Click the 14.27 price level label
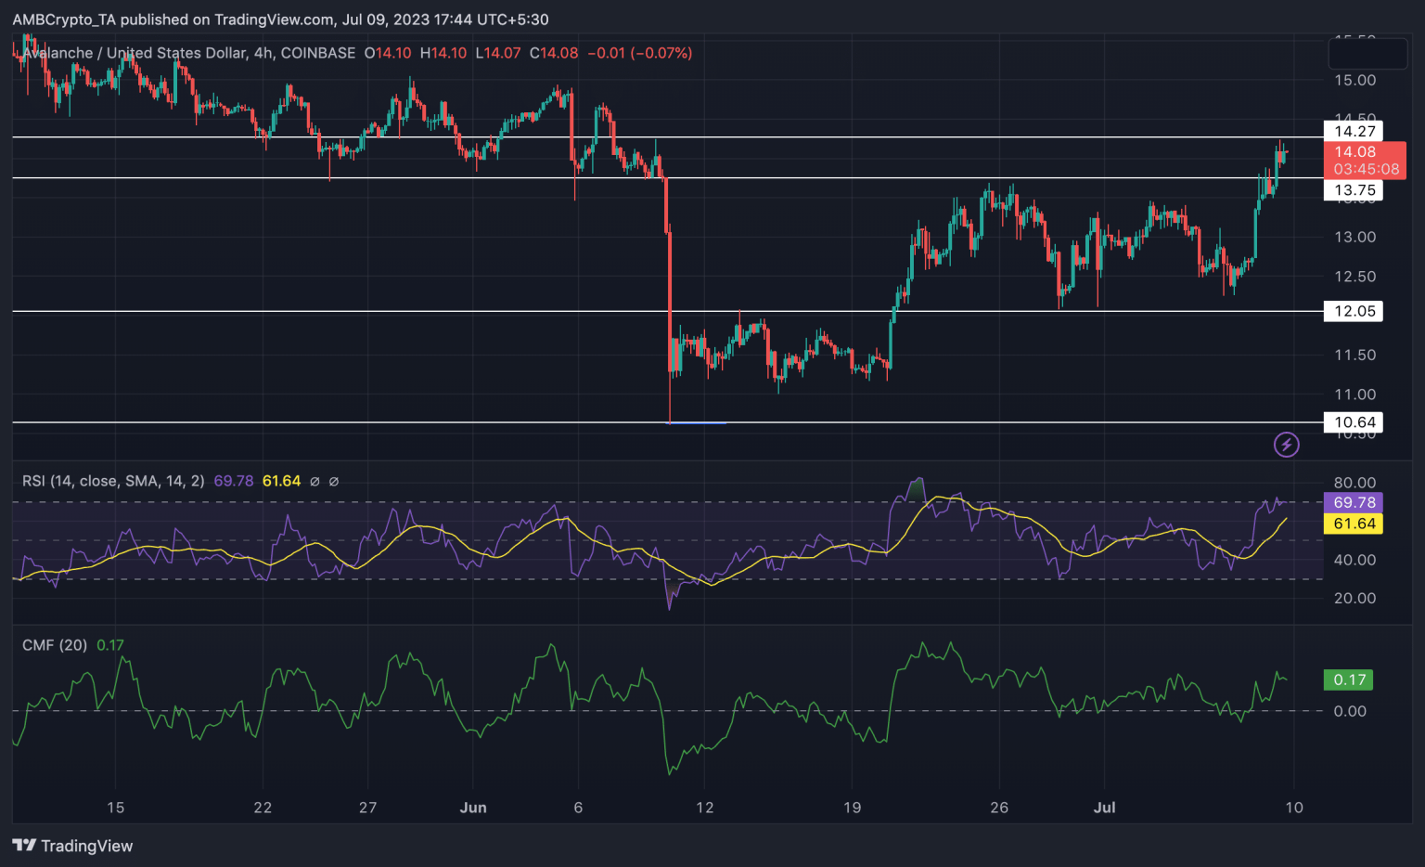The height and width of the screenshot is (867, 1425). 1354,131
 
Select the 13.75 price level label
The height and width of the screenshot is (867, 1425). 1354,190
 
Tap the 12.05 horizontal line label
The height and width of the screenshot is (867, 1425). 1354,311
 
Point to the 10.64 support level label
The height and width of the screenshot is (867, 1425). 1354,422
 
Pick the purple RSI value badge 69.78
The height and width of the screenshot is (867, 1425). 1354,502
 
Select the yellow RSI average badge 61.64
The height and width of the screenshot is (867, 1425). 1354,524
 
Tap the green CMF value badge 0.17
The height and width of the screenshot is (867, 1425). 1349,679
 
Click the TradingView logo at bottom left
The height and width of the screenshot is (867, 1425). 72,846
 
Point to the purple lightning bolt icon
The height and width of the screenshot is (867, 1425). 1286,445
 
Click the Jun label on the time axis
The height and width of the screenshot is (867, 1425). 473,808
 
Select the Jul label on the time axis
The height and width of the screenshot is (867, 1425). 1104,808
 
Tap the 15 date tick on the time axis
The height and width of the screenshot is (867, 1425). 115,808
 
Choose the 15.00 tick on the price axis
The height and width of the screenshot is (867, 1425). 1354,80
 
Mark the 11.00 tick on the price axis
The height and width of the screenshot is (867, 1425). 1354,395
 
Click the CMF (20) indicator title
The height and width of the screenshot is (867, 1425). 55,645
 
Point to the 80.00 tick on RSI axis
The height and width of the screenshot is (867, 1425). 1354,483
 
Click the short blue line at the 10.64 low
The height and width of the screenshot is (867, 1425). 697,423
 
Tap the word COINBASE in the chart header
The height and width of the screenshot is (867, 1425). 318,53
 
